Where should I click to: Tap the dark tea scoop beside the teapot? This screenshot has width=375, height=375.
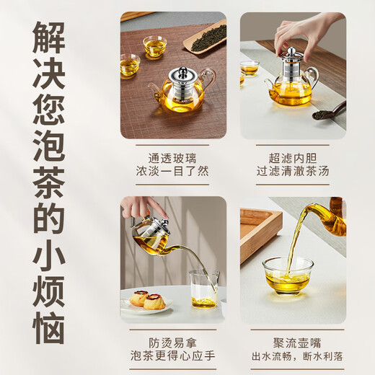[x=328, y=111]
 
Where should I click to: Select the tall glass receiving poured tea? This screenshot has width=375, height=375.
[x=204, y=288]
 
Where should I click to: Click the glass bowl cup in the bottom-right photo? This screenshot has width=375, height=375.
[x=288, y=275]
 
